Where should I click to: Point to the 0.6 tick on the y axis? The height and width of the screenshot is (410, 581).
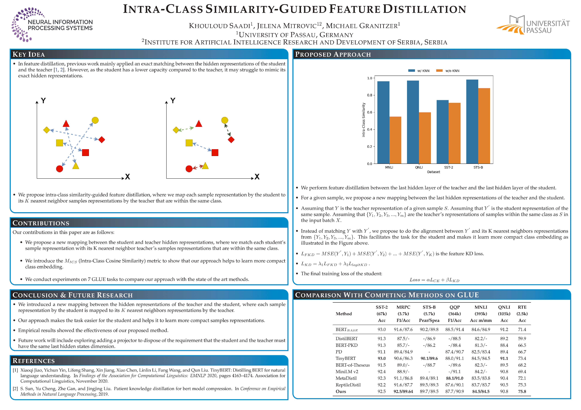click(370, 112)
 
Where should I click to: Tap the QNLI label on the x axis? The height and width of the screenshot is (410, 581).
click(419, 167)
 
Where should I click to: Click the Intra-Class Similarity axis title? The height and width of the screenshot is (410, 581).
click(364, 120)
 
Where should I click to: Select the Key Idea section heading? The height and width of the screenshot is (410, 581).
click(29, 54)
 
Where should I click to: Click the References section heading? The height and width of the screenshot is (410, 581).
click(34, 361)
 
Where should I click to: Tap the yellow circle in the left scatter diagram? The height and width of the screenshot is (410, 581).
click(95, 120)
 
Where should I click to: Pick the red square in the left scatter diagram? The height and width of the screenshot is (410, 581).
click(86, 153)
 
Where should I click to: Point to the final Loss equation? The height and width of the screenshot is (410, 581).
click(434, 280)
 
